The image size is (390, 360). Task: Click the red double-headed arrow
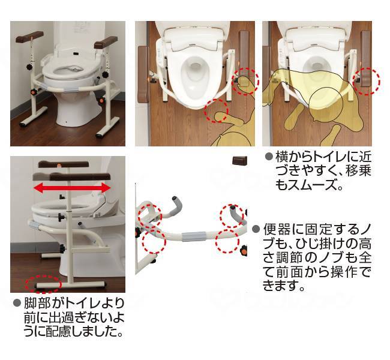pyautogui.click(x=72, y=188)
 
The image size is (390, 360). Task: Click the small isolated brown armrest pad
pyautogui.click(x=241, y=161)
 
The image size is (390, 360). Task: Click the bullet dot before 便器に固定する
pyautogui.click(x=256, y=229)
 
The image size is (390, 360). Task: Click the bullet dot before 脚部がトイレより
pyautogui.click(x=17, y=303)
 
